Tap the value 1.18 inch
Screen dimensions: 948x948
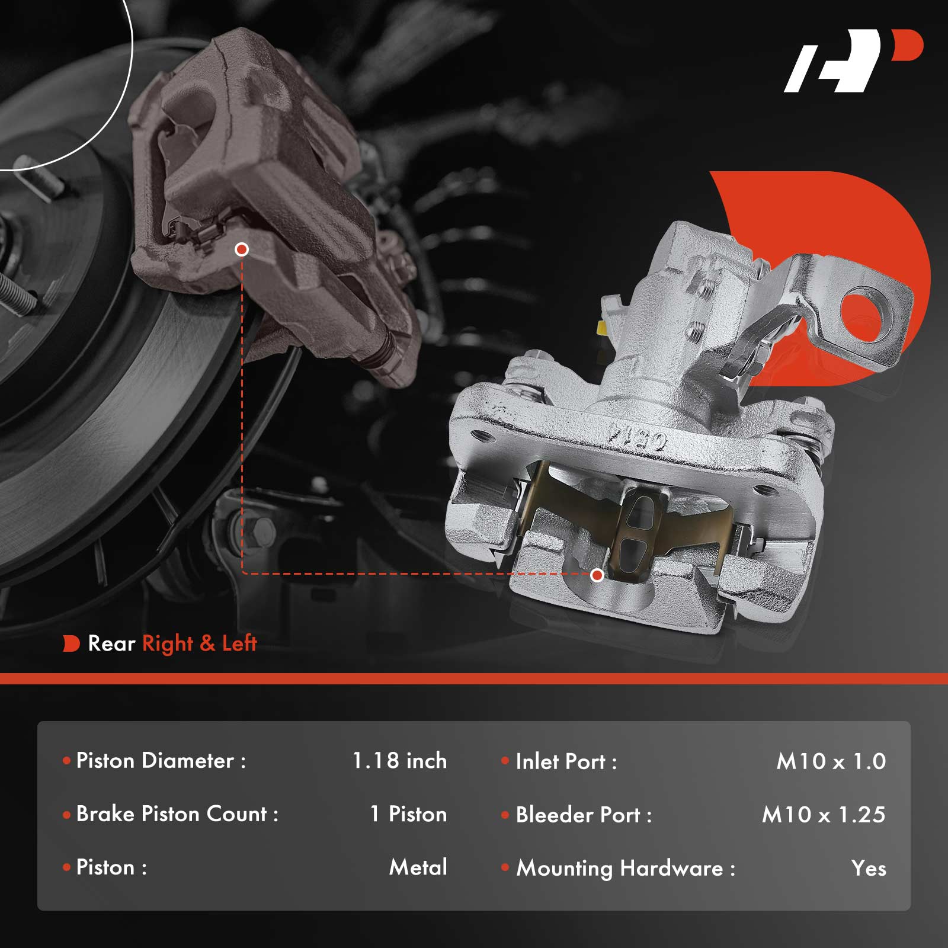coord(399,761)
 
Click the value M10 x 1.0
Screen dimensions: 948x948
coord(831,761)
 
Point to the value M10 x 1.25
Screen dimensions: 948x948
coord(824,815)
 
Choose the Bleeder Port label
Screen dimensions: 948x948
coord(584,815)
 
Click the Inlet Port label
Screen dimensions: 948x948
coord(566,761)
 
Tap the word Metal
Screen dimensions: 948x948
coord(418,867)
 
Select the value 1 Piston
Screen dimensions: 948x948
coord(408,814)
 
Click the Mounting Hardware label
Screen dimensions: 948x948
coord(626,869)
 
